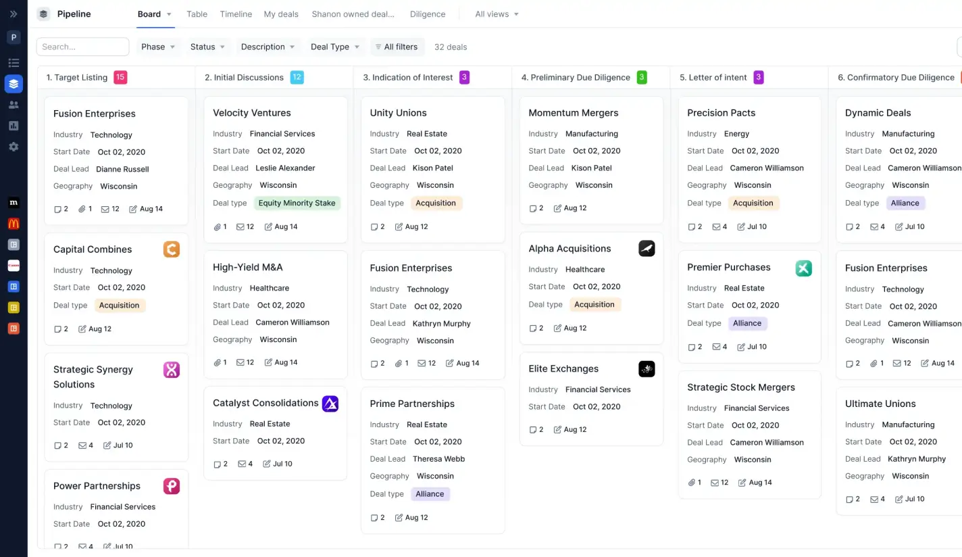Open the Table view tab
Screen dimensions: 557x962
coord(197,14)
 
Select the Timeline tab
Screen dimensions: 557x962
coord(236,14)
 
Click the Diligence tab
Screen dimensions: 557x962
coord(427,14)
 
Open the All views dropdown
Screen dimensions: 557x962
coord(497,14)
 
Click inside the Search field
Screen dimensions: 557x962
coord(82,47)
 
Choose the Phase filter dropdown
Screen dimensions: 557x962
coord(158,47)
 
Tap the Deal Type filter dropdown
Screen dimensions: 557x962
coord(335,47)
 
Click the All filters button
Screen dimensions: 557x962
coord(397,47)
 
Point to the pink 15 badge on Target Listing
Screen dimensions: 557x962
coord(120,77)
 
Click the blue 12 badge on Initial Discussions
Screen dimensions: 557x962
coord(297,77)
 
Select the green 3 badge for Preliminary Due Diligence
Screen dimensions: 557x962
coord(642,77)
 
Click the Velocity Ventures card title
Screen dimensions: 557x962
coord(252,113)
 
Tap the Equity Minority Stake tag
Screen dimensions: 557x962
coord(297,203)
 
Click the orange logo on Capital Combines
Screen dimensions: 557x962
coord(172,249)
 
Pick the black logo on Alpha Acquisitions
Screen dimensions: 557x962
coord(647,249)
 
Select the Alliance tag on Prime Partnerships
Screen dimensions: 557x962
coord(430,494)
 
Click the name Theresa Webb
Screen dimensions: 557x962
coord(438,459)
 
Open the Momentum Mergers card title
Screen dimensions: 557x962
coord(573,113)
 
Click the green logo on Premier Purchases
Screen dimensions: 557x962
coord(803,268)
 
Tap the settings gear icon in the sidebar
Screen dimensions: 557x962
coord(14,147)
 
